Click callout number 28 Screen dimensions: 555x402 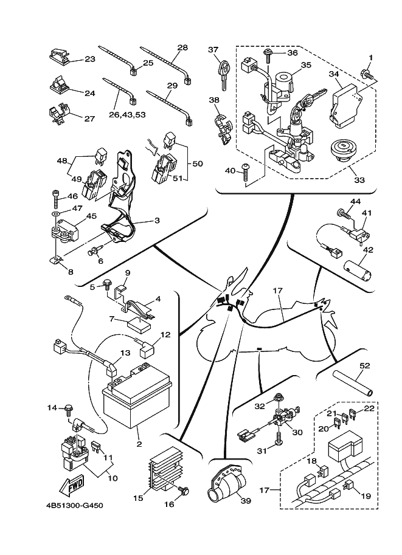click(182, 47)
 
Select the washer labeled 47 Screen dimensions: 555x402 click(55, 215)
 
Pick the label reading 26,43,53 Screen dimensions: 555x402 click(126, 113)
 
